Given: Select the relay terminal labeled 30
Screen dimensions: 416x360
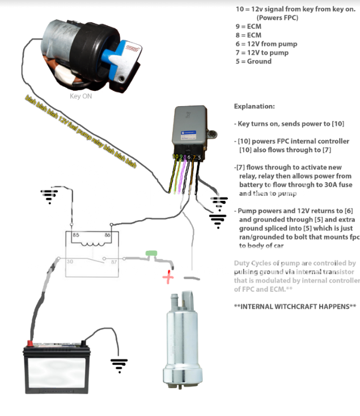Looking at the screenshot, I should click(x=71, y=262).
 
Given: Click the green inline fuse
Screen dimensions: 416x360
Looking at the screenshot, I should click(x=151, y=253).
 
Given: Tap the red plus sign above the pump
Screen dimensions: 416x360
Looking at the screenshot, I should click(x=168, y=277).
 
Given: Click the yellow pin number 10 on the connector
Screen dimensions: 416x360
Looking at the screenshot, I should click(x=176, y=156).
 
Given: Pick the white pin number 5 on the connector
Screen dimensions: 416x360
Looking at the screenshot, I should click(x=199, y=157).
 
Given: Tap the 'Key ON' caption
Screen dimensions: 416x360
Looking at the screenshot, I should click(x=81, y=96).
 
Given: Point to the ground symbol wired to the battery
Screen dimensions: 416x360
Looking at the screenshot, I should click(x=119, y=364).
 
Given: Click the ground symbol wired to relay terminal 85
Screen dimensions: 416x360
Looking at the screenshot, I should click(x=49, y=196).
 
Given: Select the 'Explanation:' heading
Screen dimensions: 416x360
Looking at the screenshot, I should click(x=254, y=106).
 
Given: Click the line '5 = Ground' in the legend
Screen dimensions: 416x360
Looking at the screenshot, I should click(x=254, y=61).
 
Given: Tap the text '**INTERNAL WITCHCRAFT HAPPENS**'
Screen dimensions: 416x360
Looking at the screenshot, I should click(x=295, y=306).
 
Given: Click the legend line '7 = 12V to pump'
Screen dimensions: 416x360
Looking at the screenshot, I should click(x=262, y=53).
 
